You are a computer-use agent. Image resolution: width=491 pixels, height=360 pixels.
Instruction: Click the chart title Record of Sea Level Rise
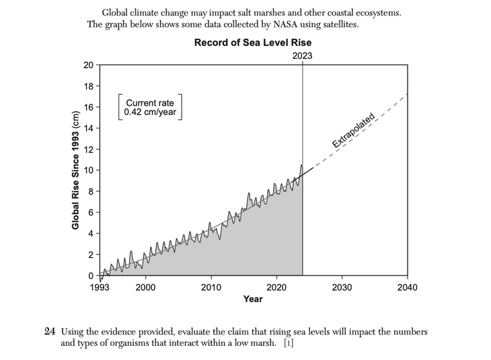tap(252, 42)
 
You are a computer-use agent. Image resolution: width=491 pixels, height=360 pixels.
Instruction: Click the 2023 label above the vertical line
tap(302, 56)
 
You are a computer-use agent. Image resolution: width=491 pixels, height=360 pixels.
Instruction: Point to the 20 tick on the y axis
tap(89, 65)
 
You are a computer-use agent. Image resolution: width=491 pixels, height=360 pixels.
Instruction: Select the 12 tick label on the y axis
tap(89, 149)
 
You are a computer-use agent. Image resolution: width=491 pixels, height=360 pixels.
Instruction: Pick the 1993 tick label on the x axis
tap(100, 287)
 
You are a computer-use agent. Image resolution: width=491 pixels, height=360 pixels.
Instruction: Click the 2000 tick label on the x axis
tap(145, 287)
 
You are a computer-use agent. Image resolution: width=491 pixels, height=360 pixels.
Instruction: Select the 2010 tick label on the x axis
tap(211, 287)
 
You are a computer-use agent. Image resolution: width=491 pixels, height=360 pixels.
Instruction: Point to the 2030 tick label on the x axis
tap(342, 287)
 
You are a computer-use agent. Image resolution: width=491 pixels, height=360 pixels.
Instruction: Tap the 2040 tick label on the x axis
tap(407, 287)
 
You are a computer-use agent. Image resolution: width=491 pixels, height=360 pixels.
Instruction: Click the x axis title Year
tap(253, 299)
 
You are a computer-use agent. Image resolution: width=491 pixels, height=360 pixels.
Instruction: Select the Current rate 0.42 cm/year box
tap(150, 108)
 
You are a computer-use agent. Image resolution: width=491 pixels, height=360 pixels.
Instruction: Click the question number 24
tap(50, 332)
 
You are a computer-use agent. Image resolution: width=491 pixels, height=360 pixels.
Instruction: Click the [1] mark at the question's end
tap(287, 343)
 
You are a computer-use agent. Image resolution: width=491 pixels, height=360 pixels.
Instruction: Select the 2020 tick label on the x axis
tap(277, 287)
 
